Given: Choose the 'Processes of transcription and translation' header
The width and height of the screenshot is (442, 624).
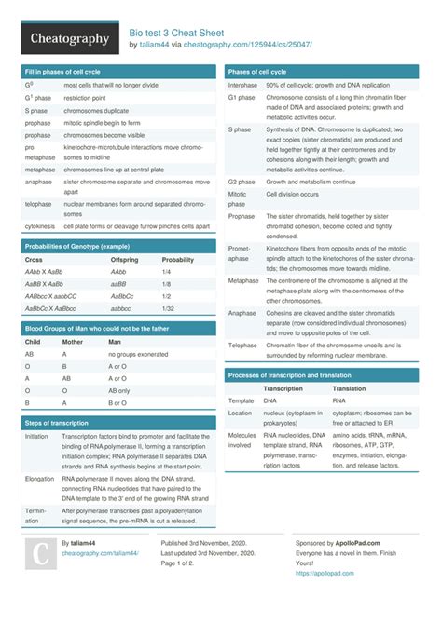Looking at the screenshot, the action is tap(288, 374).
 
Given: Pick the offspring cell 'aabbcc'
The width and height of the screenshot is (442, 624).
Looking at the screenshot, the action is tap(121, 307).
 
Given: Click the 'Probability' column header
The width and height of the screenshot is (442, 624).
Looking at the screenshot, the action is tap(178, 259).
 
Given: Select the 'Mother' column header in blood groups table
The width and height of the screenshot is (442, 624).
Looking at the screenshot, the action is tap(73, 342).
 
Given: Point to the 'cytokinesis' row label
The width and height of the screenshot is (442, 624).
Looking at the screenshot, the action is tap(40, 226).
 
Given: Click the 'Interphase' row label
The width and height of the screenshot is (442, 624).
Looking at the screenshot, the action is tap(242, 85).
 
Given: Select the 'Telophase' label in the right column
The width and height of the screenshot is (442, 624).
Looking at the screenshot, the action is tap(243, 345).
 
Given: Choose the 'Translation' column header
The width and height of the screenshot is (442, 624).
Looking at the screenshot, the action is tap(349, 388).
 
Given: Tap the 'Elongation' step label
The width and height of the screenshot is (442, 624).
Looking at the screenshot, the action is tap(40, 479).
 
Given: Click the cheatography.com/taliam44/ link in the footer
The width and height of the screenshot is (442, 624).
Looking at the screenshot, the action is tap(100, 552).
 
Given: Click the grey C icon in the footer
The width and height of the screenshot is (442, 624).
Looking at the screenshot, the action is tap(39, 556).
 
